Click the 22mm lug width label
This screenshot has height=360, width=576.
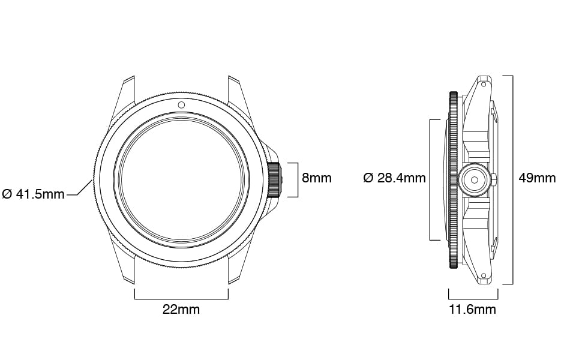click(181, 310)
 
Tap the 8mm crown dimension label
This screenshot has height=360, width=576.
click(317, 178)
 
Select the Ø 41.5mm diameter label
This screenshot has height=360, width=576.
click(34, 194)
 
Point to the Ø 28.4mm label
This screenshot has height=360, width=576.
click(395, 178)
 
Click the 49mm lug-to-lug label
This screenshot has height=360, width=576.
click(537, 178)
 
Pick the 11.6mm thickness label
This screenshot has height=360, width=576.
click(472, 310)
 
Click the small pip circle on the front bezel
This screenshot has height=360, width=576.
click(181, 105)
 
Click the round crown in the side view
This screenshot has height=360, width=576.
click(474, 180)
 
